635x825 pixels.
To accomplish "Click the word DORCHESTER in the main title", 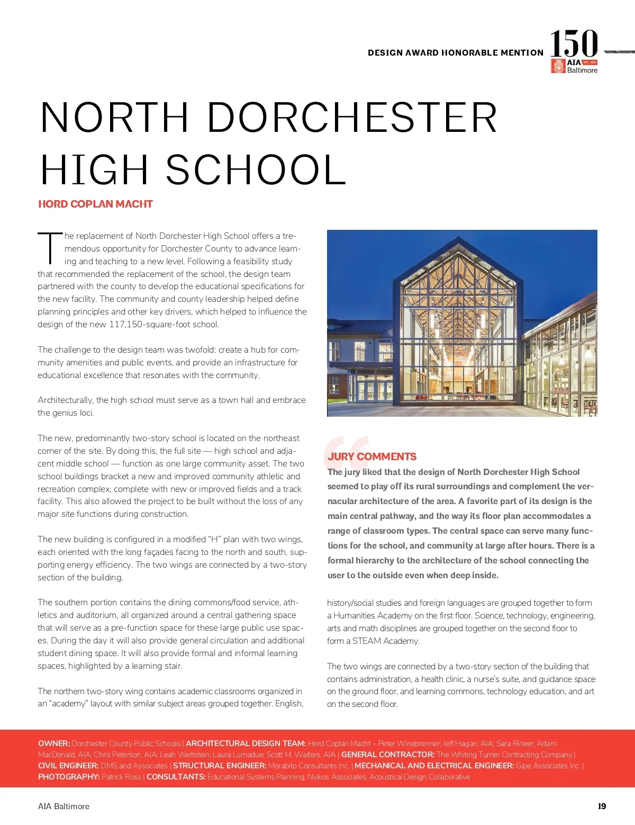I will click(x=352, y=118).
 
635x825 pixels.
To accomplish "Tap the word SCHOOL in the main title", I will click(x=256, y=170).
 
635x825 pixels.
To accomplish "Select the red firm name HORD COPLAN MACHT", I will click(x=95, y=204).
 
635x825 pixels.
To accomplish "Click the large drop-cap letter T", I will click(x=49, y=247).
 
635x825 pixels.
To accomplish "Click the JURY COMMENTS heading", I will click(x=371, y=456).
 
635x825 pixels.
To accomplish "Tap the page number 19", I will click(x=602, y=806).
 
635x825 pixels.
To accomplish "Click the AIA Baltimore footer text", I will click(x=63, y=806).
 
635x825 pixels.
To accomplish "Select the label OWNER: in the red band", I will click(x=54, y=743).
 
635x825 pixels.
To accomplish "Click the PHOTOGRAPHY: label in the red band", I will click(x=69, y=777).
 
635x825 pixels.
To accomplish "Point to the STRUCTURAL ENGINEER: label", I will click(x=220, y=766).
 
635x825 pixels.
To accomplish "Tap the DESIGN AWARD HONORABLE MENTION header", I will click(x=456, y=53).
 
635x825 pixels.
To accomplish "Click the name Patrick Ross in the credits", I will click(x=121, y=777).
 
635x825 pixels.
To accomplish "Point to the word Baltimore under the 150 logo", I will click(x=582, y=70).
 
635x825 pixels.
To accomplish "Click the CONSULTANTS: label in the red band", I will click(x=176, y=777).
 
